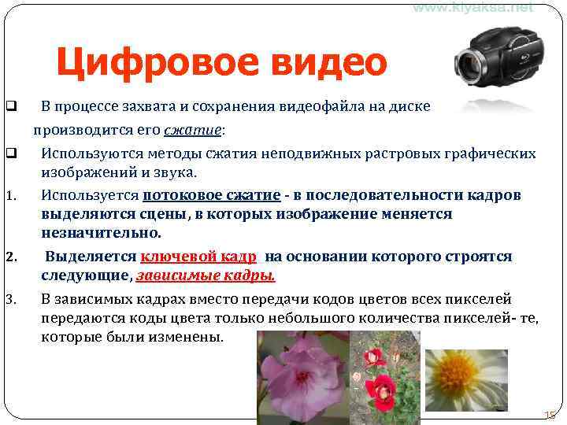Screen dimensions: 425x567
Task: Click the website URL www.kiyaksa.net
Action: point(472,7)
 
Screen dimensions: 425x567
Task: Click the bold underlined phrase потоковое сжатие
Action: point(211,195)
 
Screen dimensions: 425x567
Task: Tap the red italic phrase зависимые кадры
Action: point(206,275)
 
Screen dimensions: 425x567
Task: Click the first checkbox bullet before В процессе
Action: point(10,106)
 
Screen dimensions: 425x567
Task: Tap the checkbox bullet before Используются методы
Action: point(10,153)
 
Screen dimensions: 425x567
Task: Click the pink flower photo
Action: point(302,376)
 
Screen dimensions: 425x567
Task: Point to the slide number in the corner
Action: point(550,415)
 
